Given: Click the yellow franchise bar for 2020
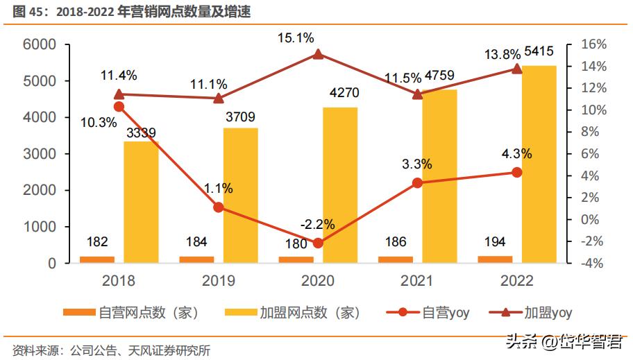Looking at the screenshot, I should [x=340, y=185].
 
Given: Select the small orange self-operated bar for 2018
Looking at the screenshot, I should [x=97, y=259].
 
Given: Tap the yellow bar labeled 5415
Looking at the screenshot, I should [x=539, y=164].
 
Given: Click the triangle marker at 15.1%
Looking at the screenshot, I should [x=318, y=54].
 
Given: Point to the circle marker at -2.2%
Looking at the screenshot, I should [x=318, y=243].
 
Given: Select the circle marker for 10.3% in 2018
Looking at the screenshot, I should [x=119, y=106].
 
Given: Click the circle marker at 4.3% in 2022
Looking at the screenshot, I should [x=516, y=172].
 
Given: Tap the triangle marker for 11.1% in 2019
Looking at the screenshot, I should [x=219, y=98].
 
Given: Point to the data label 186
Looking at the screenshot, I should [x=396, y=242].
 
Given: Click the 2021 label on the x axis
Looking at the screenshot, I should [x=417, y=281].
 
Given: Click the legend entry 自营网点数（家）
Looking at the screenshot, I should [x=131, y=312].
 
